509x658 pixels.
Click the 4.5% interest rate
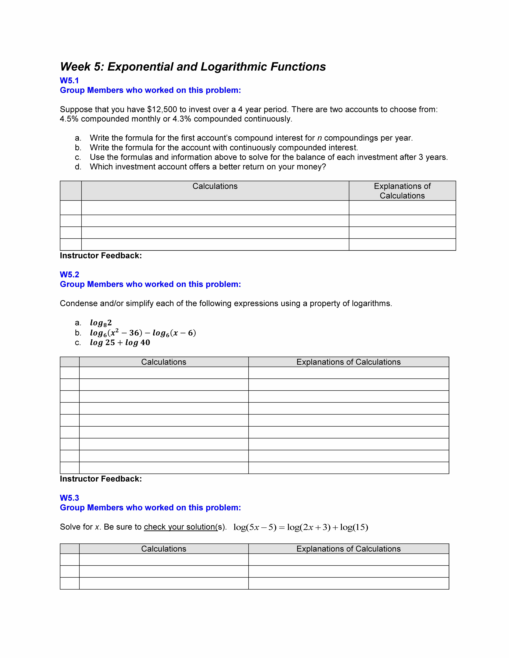69,119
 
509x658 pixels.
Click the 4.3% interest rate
182,119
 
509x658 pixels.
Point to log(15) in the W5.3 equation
354,527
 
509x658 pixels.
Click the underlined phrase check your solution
180,527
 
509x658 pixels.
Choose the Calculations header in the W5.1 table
215,186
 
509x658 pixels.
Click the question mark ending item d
324,167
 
